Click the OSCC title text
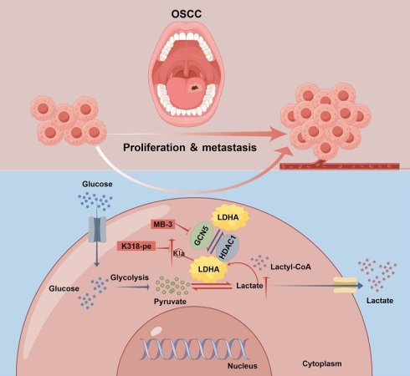click(187, 14)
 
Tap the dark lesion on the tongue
click(193, 88)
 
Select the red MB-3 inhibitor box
click(163, 224)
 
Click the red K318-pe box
click(136, 246)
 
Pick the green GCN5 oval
click(202, 236)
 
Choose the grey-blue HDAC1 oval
click(228, 247)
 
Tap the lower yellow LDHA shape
click(208, 269)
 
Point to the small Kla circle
click(179, 254)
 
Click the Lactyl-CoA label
click(290, 267)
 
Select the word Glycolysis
click(130, 277)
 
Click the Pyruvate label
click(170, 302)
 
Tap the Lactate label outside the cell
click(380, 301)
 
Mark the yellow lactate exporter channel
click(346, 285)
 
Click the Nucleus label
click(243, 366)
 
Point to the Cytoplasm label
click(322, 363)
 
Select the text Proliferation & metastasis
click(190, 147)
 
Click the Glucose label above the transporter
click(97, 184)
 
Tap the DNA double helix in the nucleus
click(194, 349)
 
